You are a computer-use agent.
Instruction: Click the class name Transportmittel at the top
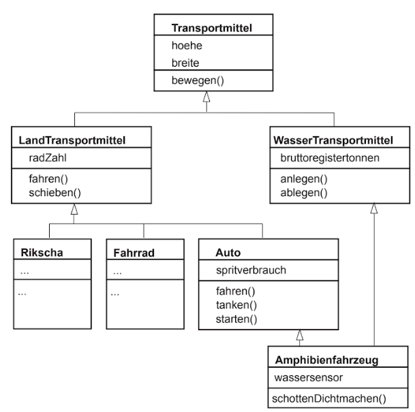click(212, 28)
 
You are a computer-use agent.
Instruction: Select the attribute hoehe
click(187, 46)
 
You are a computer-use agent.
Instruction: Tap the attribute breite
click(185, 63)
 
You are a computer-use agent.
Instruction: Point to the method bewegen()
click(198, 80)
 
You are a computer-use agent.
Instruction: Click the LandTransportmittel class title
click(72, 140)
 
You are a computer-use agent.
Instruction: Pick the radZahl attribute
click(48, 158)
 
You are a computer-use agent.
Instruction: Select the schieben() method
click(55, 193)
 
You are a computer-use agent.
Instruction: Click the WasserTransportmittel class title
click(333, 140)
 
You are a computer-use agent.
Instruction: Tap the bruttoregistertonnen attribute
click(330, 158)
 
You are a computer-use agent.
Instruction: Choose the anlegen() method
click(304, 179)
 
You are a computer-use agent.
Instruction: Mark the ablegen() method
click(304, 193)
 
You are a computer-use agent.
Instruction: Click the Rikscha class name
click(42, 253)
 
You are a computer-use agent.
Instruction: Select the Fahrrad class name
click(134, 253)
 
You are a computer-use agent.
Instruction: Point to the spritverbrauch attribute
click(251, 270)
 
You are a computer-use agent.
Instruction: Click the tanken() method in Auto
click(236, 305)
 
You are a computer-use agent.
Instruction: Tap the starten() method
click(236, 319)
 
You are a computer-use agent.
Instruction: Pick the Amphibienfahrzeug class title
click(326, 360)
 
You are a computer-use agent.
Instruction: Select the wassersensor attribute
click(308, 378)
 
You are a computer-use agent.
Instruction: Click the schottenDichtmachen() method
click(329, 398)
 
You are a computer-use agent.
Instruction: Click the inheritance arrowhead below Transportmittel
click(206, 97)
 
